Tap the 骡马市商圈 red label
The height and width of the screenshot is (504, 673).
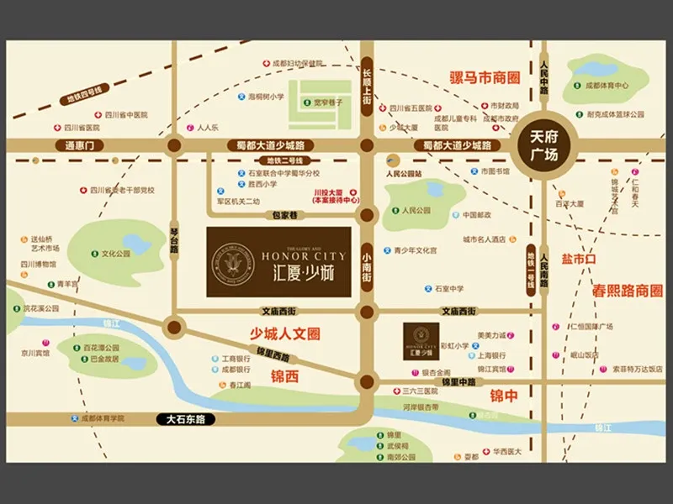(x=485, y=78)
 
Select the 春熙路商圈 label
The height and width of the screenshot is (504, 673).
(x=628, y=291)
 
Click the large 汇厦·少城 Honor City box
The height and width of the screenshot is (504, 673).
(x=278, y=260)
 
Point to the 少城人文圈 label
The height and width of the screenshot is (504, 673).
(x=286, y=333)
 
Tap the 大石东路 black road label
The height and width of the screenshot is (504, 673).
(x=186, y=418)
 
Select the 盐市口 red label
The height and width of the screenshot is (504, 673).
(x=579, y=260)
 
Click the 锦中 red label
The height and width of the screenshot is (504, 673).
(x=504, y=396)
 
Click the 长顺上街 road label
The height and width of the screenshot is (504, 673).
(x=367, y=87)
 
